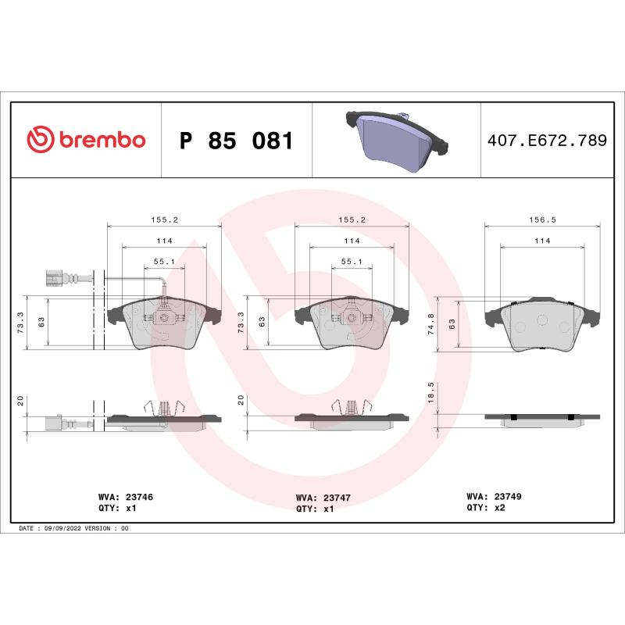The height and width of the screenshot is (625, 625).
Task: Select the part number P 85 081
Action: pyautogui.click(x=236, y=141)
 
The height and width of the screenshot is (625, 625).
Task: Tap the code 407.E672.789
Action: pyautogui.click(x=546, y=141)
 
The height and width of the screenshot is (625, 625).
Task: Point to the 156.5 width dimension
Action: pyautogui.click(x=542, y=220)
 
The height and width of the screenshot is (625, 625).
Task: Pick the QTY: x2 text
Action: pyautogui.click(x=487, y=507)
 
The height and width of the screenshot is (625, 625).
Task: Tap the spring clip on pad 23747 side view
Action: pyautogui.click(x=352, y=407)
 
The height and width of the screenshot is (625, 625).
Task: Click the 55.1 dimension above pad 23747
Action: pyautogui.click(x=351, y=262)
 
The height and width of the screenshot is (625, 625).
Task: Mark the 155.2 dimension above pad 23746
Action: pyautogui.click(x=164, y=220)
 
